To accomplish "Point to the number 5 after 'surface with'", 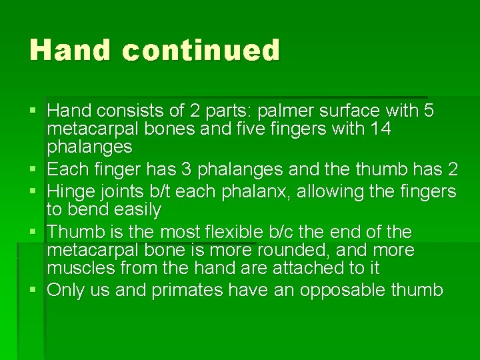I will pos(428,110).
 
